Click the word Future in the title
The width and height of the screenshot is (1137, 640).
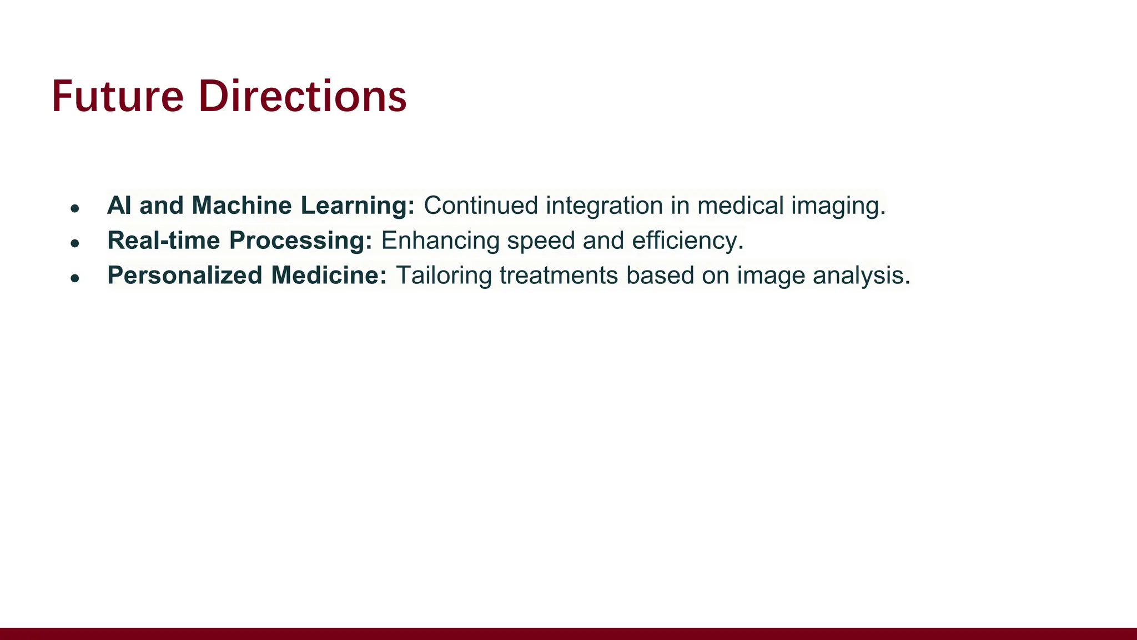(117, 97)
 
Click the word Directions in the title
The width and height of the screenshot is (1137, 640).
(303, 97)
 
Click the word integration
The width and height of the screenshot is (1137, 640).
(604, 206)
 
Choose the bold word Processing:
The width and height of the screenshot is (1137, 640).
(300, 241)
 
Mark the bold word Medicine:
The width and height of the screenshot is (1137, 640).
(329, 276)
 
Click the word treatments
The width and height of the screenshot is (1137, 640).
(559, 276)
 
